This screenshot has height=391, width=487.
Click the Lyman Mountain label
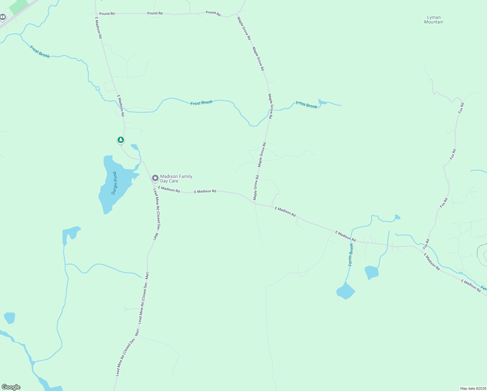click(434, 20)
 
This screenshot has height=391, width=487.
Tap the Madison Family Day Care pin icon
click(155, 178)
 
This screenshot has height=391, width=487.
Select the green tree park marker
click(121, 140)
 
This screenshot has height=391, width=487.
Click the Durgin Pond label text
click(114, 183)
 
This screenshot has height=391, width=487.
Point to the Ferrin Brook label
click(351, 254)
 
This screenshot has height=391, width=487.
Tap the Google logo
click(11, 387)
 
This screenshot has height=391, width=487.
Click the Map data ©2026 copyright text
click(473, 388)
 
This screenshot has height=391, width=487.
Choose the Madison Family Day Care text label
click(176, 179)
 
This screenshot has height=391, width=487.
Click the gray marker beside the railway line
click(3, 17)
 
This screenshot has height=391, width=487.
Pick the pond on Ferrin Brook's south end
click(345, 291)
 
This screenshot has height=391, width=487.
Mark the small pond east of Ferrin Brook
click(371, 272)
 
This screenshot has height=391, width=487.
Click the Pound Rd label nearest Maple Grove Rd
click(213, 13)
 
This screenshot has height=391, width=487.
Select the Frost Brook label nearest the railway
click(40, 52)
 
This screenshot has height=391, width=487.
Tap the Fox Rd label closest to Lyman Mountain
click(461, 108)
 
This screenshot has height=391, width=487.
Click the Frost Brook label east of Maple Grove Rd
click(306, 105)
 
